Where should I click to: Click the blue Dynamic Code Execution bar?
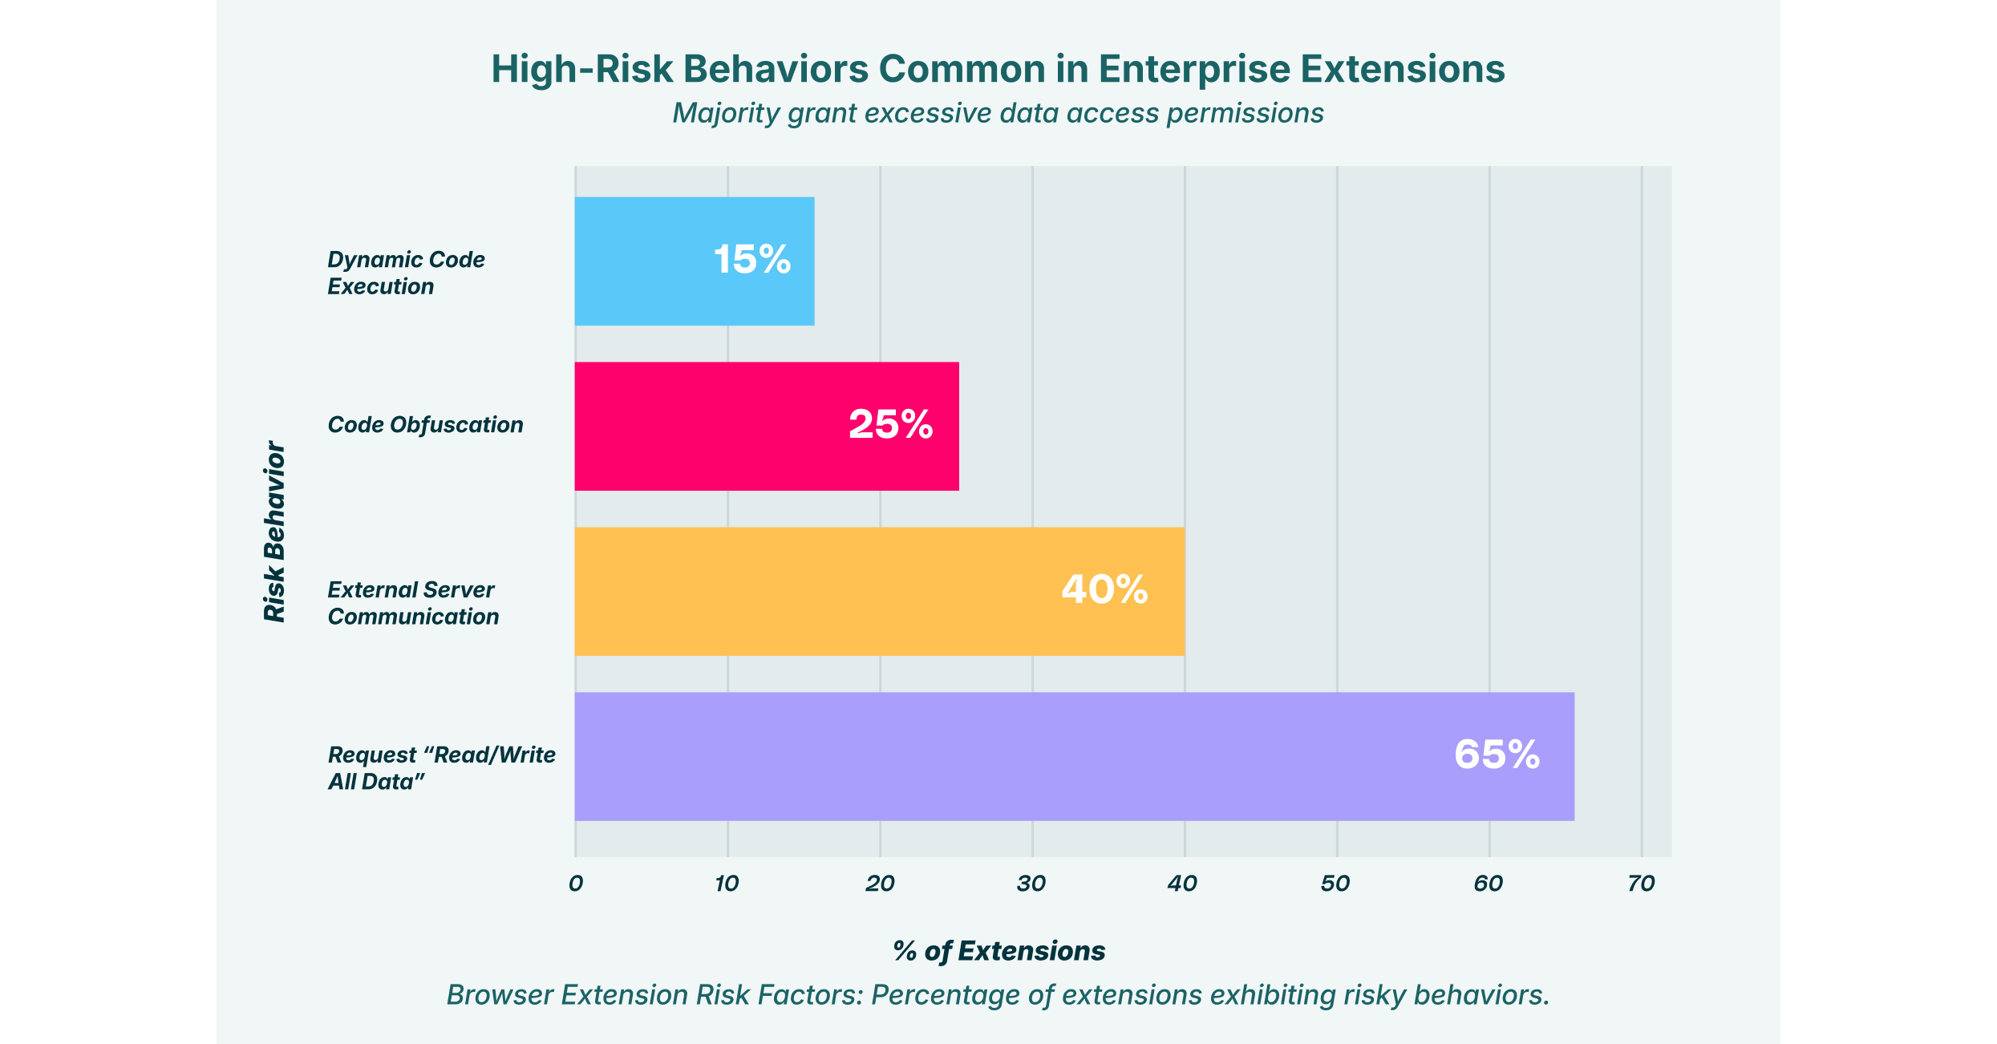[695, 261]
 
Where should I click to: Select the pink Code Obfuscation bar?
[767, 426]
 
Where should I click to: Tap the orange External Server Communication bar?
[879, 591]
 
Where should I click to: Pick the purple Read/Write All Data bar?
[1074, 756]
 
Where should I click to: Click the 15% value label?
[752, 260]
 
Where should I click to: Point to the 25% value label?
[890, 425]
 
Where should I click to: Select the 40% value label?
[1104, 590]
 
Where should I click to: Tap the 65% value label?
[1497, 755]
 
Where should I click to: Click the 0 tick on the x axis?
[575, 884]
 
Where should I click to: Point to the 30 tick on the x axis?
[1031, 884]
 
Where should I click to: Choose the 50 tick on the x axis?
[1335, 884]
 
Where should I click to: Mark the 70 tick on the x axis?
[1641, 884]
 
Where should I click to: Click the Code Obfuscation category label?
[425, 425]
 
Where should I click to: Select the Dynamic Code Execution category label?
[406, 273]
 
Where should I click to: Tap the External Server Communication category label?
[413, 604]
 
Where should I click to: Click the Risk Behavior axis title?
[274, 532]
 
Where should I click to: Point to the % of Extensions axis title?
[998, 952]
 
